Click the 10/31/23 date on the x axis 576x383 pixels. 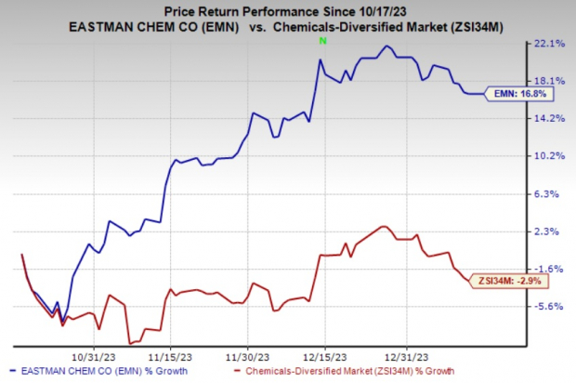coord(93,354)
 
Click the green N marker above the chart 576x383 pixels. coord(321,43)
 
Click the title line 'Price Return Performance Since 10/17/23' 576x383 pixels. coord(287,9)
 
